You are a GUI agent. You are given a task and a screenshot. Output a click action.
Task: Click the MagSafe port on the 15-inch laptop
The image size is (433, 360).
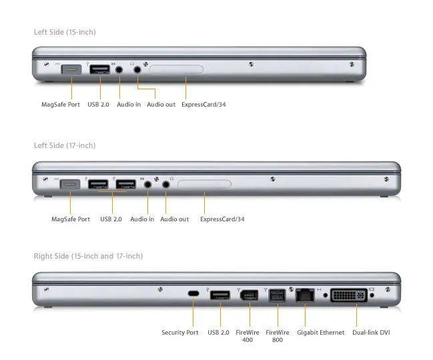pyautogui.click(x=71, y=69)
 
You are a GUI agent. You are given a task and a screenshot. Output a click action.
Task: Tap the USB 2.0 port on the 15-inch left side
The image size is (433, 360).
pyautogui.click(x=99, y=69)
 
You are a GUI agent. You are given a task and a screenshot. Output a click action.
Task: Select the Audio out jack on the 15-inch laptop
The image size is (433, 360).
pyautogui.click(x=137, y=69)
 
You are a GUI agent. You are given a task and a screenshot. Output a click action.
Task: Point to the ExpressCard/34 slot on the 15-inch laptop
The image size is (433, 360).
pyautogui.click(x=176, y=69)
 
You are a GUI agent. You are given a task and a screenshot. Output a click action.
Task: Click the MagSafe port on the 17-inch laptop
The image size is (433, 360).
pyautogui.click(x=70, y=184)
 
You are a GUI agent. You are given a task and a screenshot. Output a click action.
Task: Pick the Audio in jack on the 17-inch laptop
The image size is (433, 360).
pyautogui.click(x=148, y=184)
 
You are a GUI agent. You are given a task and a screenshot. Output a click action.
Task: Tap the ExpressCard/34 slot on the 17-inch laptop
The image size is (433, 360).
pyautogui.click(x=204, y=184)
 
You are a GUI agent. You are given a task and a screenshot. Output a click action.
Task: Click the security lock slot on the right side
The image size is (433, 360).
pyautogui.click(x=193, y=293)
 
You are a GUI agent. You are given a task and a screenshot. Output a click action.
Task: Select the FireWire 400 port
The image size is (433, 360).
pyautogui.click(x=250, y=295)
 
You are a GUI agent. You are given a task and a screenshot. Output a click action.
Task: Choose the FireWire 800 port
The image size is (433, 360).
pyautogui.click(x=278, y=295)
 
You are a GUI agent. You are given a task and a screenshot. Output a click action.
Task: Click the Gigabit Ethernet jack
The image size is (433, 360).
pyautogui.click(x=305, y=295)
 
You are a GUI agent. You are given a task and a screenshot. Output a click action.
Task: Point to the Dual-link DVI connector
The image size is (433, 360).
pyautogui.click(x=349, y=295)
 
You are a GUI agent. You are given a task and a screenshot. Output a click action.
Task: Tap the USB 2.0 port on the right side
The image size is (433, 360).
pyautogui.click(x=220, y=295)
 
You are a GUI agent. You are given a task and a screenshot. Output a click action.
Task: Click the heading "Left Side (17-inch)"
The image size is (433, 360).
pyautogui.click(x=65, y=145)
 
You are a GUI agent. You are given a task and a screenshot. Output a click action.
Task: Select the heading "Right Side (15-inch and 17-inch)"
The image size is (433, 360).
pyautogui.click(x=88, y=256)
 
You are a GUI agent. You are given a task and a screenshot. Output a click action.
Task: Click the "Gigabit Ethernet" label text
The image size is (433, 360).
pyautogui.click(x=321, y=333)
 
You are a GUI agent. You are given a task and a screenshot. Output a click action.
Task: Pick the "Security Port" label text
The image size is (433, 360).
pyautogui.click(x=180, y=333)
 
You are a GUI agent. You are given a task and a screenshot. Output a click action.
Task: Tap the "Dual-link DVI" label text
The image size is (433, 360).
pyautogui.click(x=371, y=333)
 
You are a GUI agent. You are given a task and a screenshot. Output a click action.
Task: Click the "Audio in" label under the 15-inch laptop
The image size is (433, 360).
pyautogui.click(x=129, y=105)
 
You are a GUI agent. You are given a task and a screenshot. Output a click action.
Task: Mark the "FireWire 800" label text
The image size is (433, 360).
pyautogui.click(x=278, y=336)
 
